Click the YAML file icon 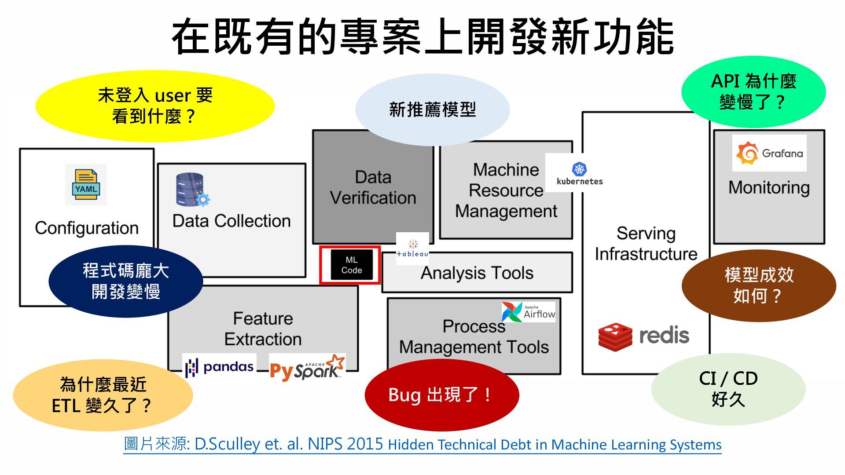point(86,184)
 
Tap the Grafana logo point(769,153)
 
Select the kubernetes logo point(579,173)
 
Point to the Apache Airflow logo point(529,312)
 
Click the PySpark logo point(307,367)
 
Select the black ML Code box point(351,265)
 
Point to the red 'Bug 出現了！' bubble point(441,395)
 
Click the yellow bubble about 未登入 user point(155,106)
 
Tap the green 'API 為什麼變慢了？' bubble point(753,91)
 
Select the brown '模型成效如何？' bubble point(758,285)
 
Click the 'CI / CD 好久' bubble point(728,389)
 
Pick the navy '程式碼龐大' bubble point(126,281)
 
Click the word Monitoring point(769,187)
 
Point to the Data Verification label point(373,187)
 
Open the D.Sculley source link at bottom point(422,444)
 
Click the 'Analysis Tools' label point(477,273)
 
